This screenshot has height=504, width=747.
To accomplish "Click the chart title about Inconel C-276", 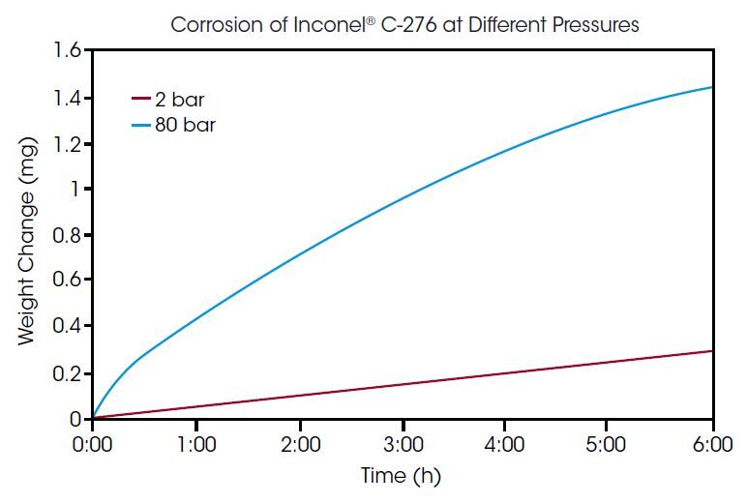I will (x=404, y=25).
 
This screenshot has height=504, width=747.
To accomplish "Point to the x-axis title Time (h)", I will (x=402, y=476).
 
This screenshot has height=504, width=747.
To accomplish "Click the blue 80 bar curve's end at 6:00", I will (x=711, y=88).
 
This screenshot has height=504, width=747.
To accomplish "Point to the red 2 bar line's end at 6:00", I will (x=711, y=351).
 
